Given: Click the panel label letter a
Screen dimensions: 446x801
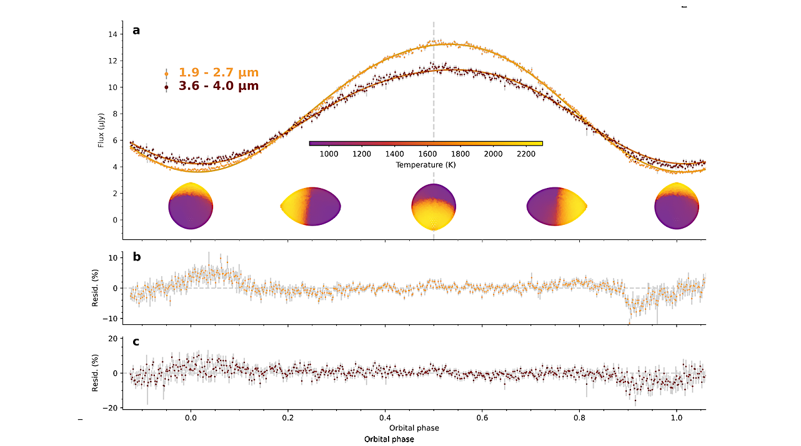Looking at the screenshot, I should coord(136,29).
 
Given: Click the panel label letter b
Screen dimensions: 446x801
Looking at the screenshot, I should coord(136,257).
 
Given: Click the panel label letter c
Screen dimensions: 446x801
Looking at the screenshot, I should coord(136,341).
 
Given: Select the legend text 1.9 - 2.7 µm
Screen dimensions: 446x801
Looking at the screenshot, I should coord(218,72).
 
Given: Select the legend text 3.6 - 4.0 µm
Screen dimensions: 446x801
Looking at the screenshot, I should coord(218,86).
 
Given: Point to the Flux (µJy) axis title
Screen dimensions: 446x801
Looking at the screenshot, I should coord(101,127).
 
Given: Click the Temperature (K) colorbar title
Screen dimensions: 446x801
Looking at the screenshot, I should coord(425,165).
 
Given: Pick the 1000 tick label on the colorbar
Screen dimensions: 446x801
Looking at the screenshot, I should coord(329,154).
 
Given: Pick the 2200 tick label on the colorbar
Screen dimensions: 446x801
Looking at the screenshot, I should coord(525,154).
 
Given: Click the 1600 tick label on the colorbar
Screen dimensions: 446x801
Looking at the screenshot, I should coord(427,154).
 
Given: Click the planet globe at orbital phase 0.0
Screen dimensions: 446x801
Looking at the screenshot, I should coord(191,206).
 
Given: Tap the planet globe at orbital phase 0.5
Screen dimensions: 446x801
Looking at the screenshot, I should coord(434,207).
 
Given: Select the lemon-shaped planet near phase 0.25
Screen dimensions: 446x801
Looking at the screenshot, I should coord(311,206).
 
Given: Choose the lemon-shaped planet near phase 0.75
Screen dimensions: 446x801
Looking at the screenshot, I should coord(557,206).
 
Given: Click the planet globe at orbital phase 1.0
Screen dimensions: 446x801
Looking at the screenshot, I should coord(677,206).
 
